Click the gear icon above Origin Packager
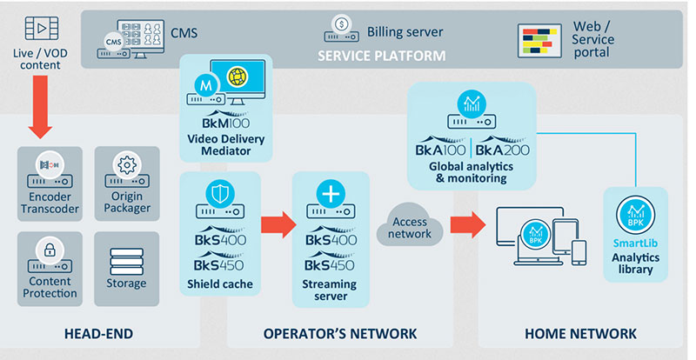click(x=127, y=163)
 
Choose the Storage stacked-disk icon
click(x=127, y=261)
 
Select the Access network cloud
click(x=409, y=229)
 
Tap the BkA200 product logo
click(x=504, y=148)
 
